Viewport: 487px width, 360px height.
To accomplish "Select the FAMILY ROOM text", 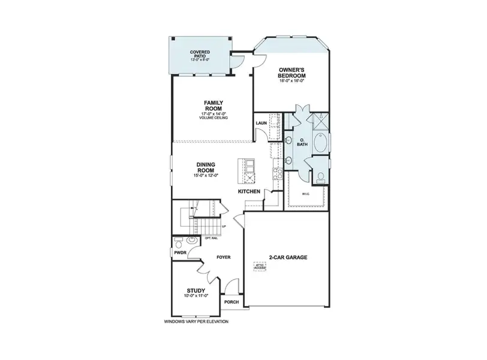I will (x=214, y=106).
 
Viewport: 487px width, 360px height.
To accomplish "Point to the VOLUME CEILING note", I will (x=214, y=118).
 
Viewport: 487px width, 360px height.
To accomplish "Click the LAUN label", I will (x=261, y=124).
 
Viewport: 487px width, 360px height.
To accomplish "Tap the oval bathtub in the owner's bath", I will (x=324, y=143).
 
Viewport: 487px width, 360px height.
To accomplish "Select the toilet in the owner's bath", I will (x=321, y=177).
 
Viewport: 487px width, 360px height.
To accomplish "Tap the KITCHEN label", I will (x=249, y=191).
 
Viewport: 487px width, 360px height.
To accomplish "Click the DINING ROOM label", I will (x=206, y=166).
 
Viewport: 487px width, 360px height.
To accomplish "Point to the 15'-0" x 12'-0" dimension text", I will (x=206, y=175).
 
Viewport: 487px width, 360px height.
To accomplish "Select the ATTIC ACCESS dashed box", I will (x=259, y=266).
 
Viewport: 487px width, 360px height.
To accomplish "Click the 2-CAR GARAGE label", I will (x=289, y=257).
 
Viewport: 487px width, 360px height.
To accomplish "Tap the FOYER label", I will (x=224, y=257).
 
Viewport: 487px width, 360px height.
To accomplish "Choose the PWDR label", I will (x=180, y=253).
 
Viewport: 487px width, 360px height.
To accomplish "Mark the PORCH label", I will (x=232, y=302).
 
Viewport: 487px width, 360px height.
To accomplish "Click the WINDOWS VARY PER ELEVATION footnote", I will (x=196, y=322).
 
